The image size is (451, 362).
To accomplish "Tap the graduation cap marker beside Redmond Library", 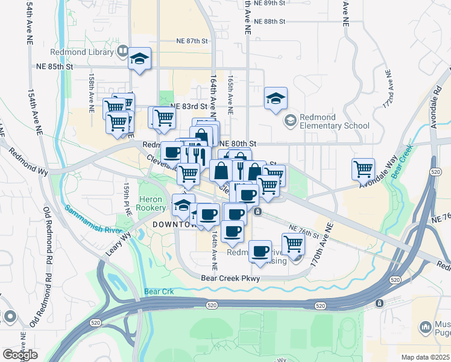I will tap(140, 59).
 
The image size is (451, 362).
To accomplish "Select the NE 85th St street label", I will tap(54, 66).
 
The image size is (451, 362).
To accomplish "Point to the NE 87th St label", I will tap(192, 41).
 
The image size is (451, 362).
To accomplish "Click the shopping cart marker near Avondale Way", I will tap(364, 170).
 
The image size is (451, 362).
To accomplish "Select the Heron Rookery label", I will tap(152, 203).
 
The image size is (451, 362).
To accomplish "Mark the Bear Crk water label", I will tap(159, 292).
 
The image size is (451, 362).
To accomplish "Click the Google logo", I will tap(19, 355).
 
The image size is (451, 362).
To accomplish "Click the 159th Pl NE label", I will tap(128, 200).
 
